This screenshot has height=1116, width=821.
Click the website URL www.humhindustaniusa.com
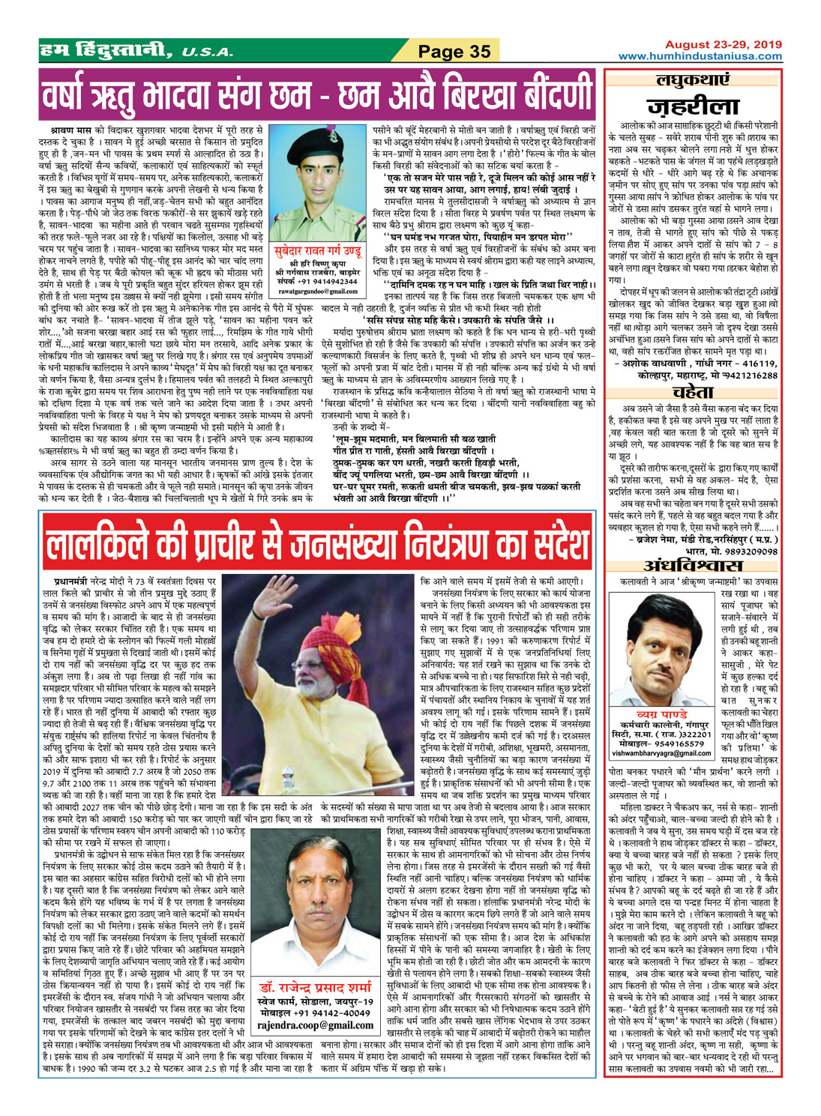(700, 56)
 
